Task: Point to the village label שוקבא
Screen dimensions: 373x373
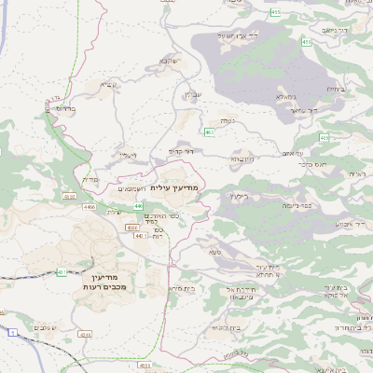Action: pyautogui.click(x=168, y=62)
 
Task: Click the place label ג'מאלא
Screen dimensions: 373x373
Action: pyautogui.click(x=286, y=96)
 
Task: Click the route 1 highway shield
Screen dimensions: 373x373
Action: pyautogui.click(x=13, y=332)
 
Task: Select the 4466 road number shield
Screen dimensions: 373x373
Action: pyautogui.click(x=90, y=206)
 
